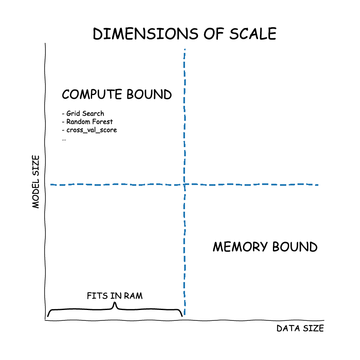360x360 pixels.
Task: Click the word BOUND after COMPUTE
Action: coord(151,95)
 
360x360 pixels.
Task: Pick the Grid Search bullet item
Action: coord(83,113)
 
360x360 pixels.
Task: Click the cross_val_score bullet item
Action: coord(89,130)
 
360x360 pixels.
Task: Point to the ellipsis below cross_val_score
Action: coord(64,139)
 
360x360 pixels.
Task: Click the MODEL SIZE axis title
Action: coord(36,182)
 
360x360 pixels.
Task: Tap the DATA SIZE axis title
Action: coord(300,328)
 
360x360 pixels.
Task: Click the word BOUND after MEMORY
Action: coord(295,247)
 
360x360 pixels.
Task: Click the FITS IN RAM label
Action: coord(115,296)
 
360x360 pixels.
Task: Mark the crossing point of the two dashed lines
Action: coord(184,184)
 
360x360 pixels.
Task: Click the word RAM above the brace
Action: coord(133,296)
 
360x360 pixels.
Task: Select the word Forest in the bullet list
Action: coord(102,122)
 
